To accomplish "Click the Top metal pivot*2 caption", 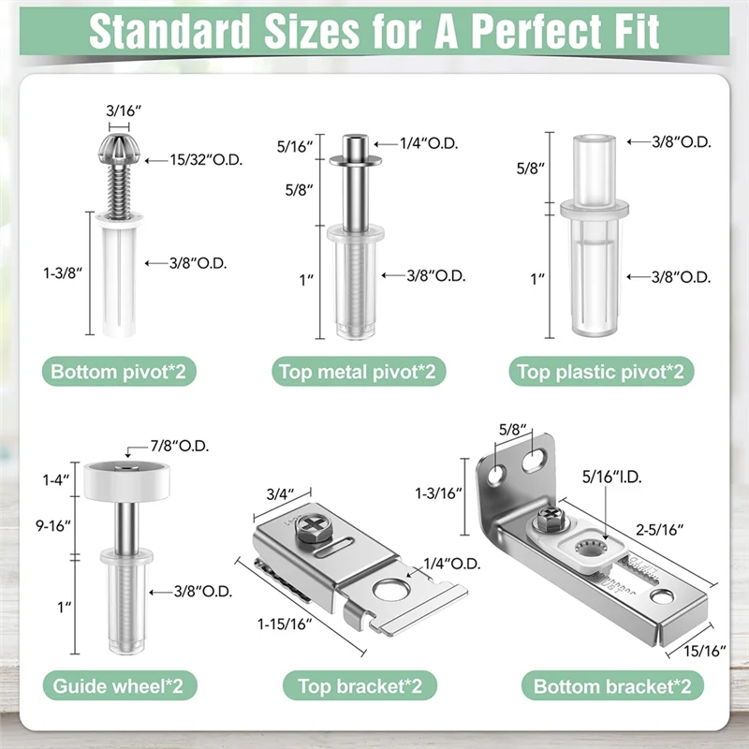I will (359, 372).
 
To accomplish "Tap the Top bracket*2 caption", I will (360, 685).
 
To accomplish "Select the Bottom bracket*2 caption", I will (612, 685).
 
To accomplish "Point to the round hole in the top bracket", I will (391, 590).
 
